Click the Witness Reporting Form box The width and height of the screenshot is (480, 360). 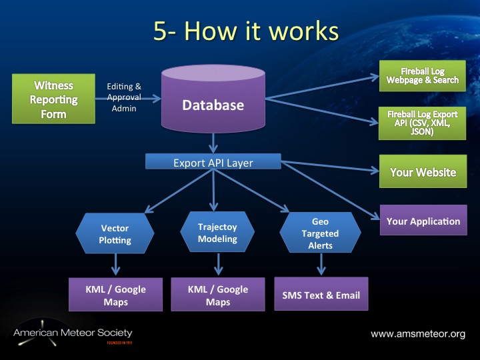click(x=45, y=100)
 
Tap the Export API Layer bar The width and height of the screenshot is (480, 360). click(x=213, y=162)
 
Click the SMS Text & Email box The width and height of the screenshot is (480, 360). click(x=321, y=295)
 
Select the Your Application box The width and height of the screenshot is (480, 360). click(x=423, y=221)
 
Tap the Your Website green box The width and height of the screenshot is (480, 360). click(x=423, y=172)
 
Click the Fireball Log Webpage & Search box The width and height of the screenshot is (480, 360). click(x=423, y=75)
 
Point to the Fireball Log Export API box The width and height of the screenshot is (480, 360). click(x=423, y=123)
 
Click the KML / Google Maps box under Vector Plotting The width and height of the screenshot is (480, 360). click(x=115, y=295)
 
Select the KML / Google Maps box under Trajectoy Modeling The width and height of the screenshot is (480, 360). click(x=217, y=295)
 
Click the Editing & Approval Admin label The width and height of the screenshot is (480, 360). click(x=124, y=97)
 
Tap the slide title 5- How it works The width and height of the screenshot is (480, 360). click(x=245, y=31)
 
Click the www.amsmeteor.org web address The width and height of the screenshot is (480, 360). click(x=418, y=333)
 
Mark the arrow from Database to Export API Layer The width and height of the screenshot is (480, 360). click(x=213, y=142)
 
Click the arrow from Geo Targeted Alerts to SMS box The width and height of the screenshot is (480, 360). click(x=321, y=264)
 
